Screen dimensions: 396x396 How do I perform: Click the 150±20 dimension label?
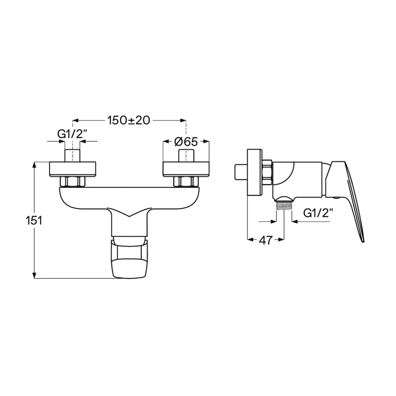[129, 120]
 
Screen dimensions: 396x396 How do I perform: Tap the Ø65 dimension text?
[186, 142]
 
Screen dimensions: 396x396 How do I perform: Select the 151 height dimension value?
[34, 221]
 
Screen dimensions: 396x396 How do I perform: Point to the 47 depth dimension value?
[266, 240]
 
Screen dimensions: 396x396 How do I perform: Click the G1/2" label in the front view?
[72, 134]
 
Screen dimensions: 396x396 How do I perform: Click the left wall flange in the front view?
[72, 169]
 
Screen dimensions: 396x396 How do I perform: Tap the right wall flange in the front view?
[186, 169]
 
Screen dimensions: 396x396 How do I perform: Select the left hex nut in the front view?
[72, 182]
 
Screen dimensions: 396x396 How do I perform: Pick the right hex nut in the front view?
[186, 182]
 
